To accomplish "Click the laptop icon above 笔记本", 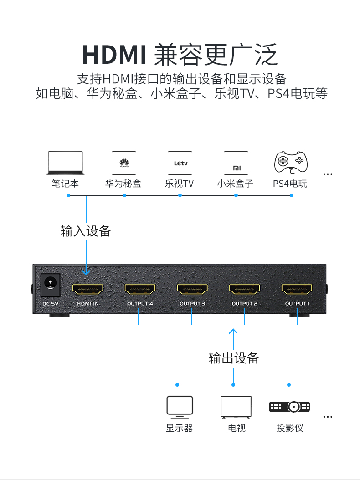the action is [x=65, y=163].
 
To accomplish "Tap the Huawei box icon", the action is [x=124, y=163].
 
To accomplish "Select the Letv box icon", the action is [x=180, y=163].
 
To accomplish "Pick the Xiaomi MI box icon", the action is [x=236, y=163].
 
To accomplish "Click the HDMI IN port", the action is [x=87, y=289].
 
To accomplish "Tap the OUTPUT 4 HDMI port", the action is [x=140, y=289].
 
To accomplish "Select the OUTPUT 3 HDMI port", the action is [x=192, y=289].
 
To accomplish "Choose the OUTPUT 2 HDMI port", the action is [x=245, y=289].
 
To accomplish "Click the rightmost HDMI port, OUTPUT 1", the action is [x=297, y=289].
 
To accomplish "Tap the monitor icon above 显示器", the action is [x=180, y=407].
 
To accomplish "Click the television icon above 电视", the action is [x=236, y=407].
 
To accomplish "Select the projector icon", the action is [x=289, y=407].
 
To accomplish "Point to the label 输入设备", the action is [x=86, y=231].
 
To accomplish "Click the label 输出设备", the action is [x=234, y=358].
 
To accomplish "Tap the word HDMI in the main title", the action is [x=114, y=55].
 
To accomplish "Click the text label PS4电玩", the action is [x=290, y=184].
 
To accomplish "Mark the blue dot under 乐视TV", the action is [x=180, y=195].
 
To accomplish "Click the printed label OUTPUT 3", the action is [x=192, y=304].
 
